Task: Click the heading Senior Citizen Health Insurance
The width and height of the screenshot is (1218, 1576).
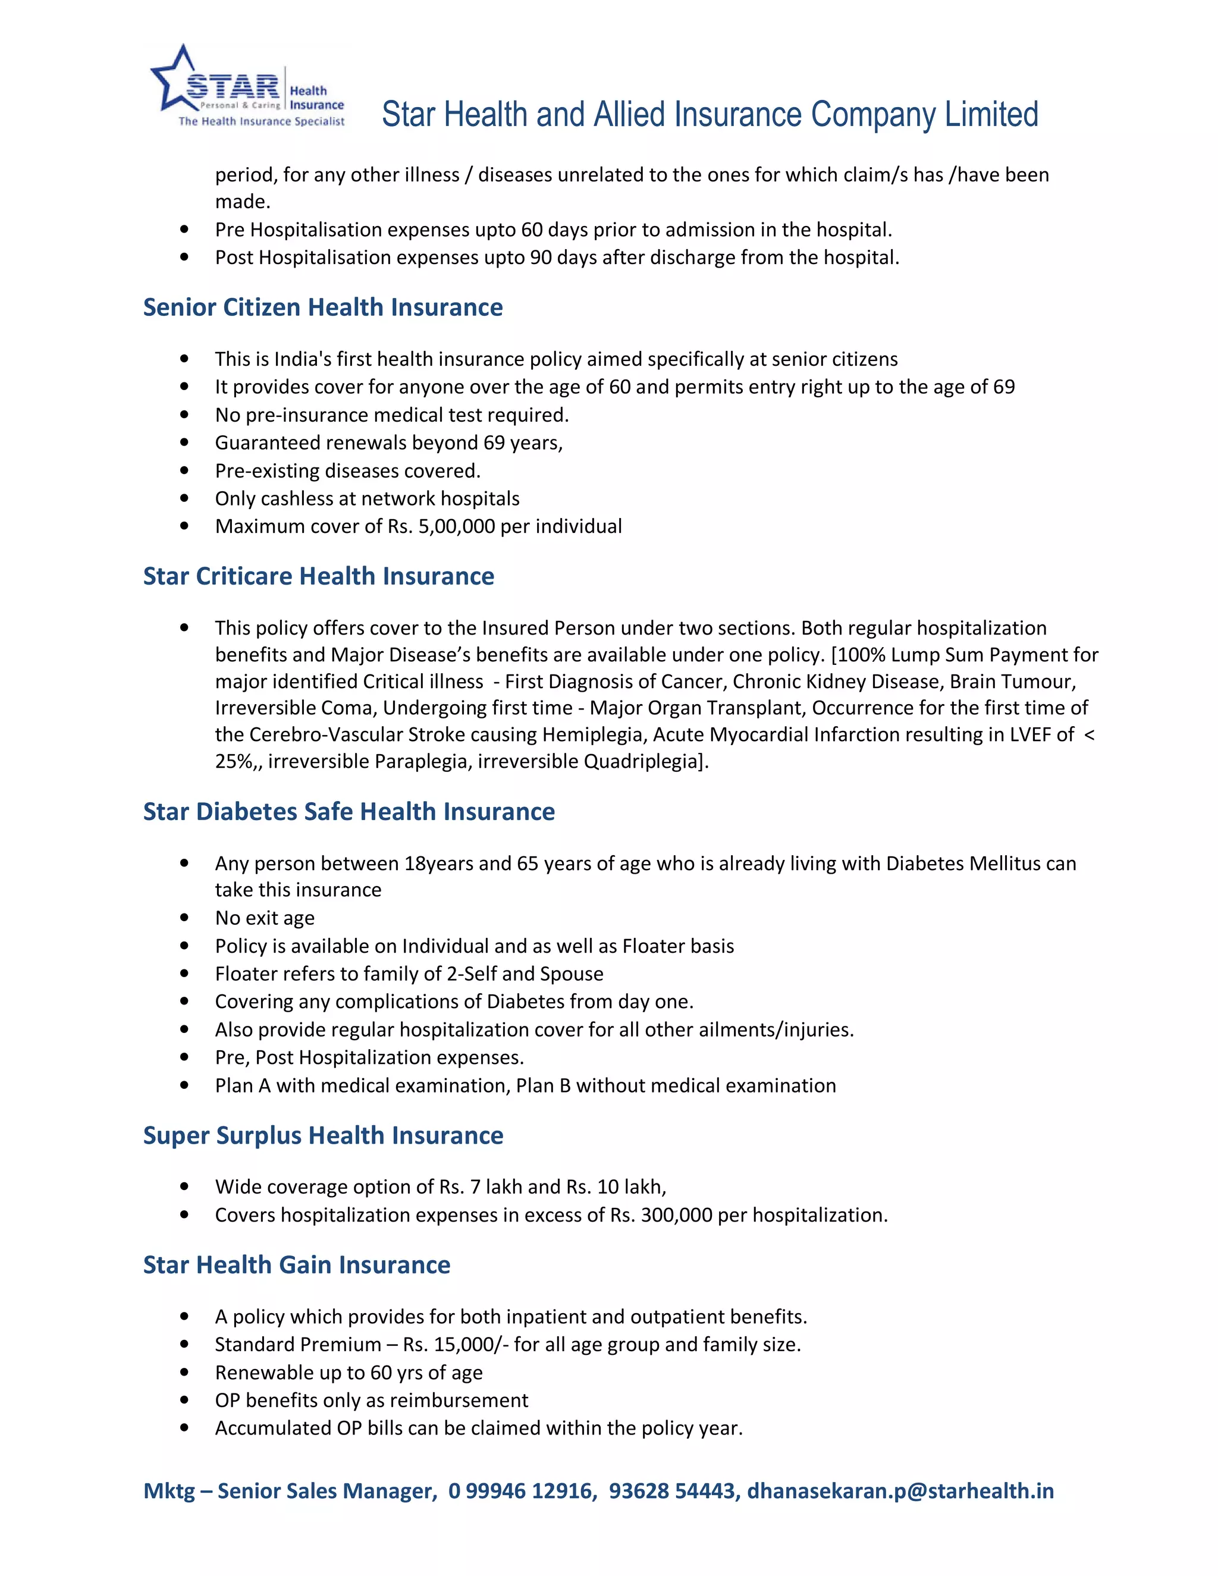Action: coord(322,307)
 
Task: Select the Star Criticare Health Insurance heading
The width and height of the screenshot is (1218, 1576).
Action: coord(318,576)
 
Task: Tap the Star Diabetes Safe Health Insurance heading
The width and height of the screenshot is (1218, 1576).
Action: coord(349,812)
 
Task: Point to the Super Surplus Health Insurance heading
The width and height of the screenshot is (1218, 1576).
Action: coord(322,1136)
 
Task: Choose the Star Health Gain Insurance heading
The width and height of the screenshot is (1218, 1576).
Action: coord(297,1265)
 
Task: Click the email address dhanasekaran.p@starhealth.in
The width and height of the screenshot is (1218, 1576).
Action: coord(900,1491)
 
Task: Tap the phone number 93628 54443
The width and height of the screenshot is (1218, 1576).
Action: coord(671,1491)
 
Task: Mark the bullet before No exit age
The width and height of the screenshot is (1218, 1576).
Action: coord(185,918)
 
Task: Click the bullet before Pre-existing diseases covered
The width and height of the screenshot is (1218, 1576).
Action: coord(185,470)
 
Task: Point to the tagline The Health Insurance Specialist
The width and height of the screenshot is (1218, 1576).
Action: coord(261,121)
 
